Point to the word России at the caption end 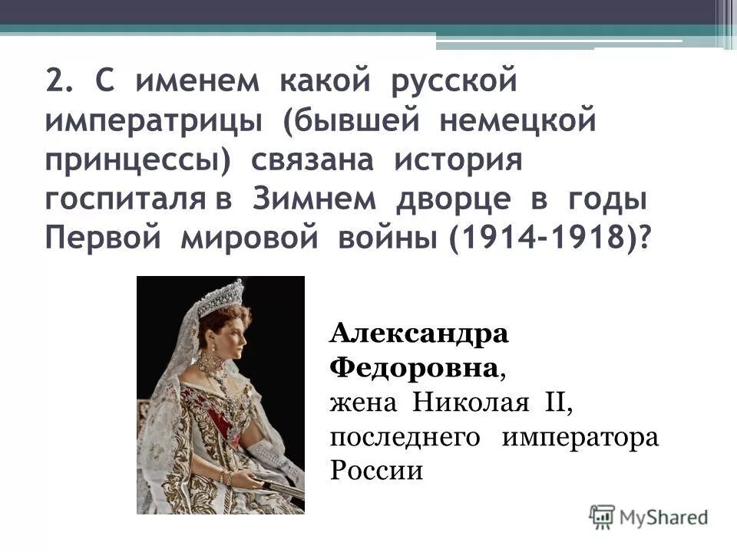(376, 469)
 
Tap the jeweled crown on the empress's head (218, 297)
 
